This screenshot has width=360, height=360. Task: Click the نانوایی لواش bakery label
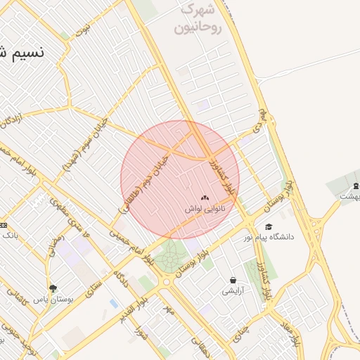tap(204, 210)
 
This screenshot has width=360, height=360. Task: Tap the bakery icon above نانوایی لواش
tap(205, 199)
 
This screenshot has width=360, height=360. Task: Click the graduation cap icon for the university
tap(268, 226)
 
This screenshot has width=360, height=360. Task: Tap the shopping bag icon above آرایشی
tap(233, 281)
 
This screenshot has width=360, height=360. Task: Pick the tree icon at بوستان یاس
tap(53, 288)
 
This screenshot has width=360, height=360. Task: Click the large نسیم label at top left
tap(21, 53)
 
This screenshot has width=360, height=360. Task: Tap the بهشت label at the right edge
tap(348, 197)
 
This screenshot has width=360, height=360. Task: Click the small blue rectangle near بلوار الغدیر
tap(114, 304)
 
